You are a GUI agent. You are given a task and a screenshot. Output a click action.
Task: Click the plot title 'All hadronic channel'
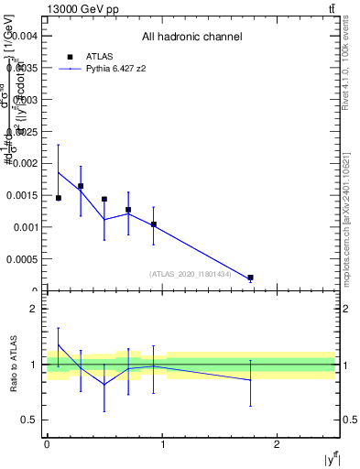(191, 37)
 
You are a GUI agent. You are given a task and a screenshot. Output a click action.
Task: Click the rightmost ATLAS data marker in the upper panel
(250, 277)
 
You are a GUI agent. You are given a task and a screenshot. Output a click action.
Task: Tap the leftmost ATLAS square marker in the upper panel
(59, 198)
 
